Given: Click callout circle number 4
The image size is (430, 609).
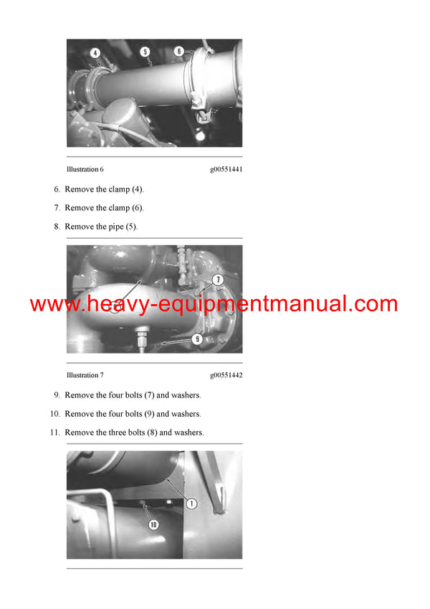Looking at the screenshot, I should click(x=95, y=52).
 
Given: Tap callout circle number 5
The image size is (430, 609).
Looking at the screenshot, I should click(x=145, y=52).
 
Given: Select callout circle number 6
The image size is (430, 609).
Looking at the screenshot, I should click(x=179, y=51).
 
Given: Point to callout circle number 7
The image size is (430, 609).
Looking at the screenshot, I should click(x=217, y=279).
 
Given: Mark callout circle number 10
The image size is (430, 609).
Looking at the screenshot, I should click(x=153, y=525).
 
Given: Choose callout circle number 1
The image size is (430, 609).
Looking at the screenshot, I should click(x=192, y=504).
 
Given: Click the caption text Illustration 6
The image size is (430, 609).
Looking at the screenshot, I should click(x=85, y=169).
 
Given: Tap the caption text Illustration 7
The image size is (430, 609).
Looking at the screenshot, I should click(x=85, y=375).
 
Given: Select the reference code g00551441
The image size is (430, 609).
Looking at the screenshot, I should click(x=226, y=169).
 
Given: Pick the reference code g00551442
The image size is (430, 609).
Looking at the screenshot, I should click(x=226, y=375).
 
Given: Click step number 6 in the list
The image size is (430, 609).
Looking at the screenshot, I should click(x=57, y=189).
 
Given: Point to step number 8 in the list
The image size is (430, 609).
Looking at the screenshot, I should click(x=57, y=227).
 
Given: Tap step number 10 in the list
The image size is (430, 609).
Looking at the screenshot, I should click(x=55, y=414).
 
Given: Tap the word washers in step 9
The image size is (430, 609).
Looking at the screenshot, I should click(x=186, y=395).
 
